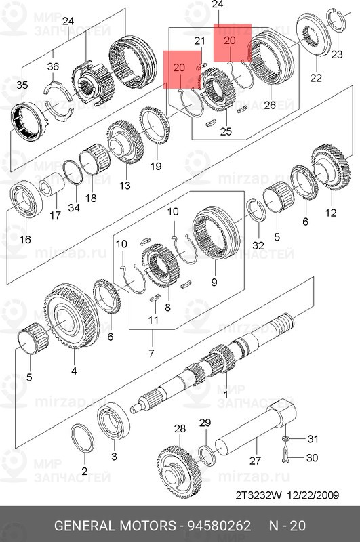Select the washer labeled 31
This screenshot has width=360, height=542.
click(286, 439)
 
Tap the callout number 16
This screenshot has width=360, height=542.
click(25, 240)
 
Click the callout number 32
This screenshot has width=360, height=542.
click(257, 245)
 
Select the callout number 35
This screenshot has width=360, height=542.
click(22, 85)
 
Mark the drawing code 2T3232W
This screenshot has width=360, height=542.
click(259, 495)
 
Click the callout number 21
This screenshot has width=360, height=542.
click(199, 41)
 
